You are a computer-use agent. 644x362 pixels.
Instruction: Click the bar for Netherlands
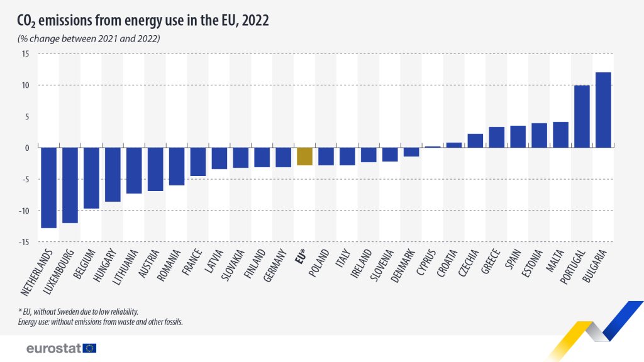48,187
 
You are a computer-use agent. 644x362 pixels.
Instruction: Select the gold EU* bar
304,156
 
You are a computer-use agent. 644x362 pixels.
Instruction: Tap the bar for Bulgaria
603,110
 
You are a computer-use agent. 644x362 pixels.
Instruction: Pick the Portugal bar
582,116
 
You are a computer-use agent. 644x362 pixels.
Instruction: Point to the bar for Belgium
91,178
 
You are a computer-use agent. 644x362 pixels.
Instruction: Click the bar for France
198,162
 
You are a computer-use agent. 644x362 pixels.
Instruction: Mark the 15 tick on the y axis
26,54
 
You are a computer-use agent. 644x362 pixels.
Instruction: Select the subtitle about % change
88,39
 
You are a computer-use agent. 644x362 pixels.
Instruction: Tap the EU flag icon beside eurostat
89,348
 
